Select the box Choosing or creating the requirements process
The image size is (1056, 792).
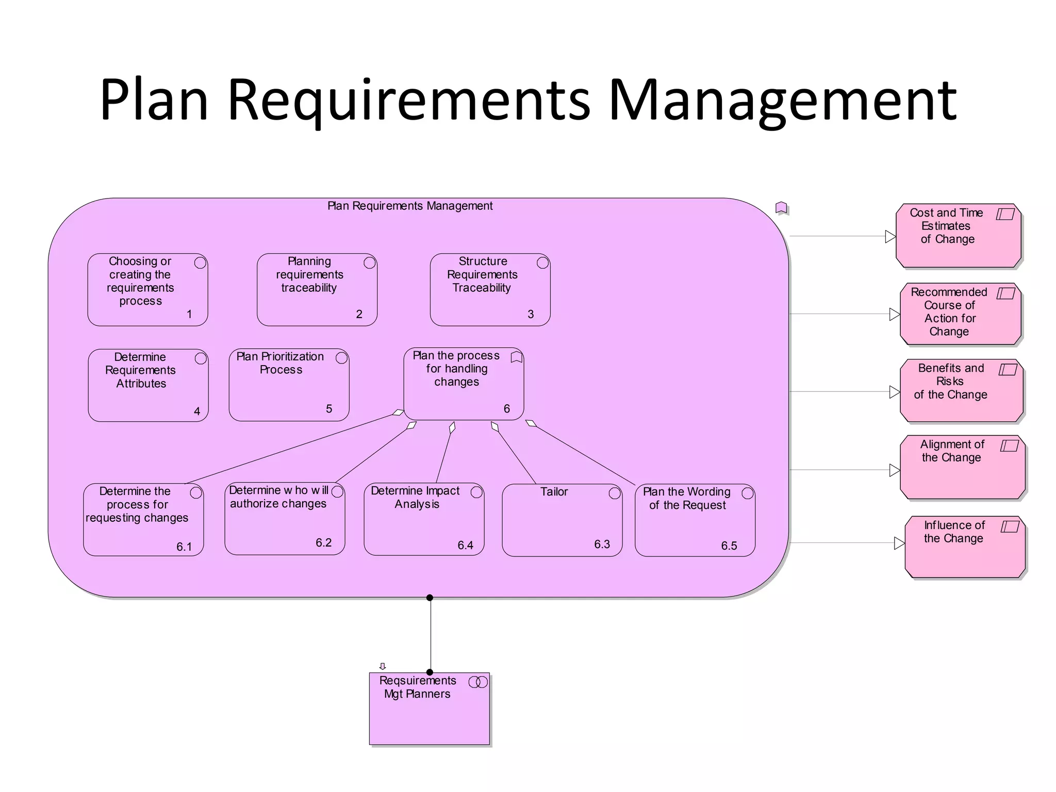click(x=147, y=289)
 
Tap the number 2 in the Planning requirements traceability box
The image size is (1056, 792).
click(x=359, y=314)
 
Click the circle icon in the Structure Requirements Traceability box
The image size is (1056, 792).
click(x=542, y=263)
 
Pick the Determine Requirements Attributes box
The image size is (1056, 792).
click(x=148, y=385)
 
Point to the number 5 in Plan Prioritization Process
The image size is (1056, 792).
click(x=329, y=409)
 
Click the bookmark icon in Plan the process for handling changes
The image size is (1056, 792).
click(x=516, y=357)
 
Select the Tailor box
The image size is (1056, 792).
click(x=562, y=520)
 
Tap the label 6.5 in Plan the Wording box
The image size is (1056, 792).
click(x=729, y=546)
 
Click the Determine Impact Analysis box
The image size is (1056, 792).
click(x=423, y=519)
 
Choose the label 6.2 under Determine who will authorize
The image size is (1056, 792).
click(x=323, y=542)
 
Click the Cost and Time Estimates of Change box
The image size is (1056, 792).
click(x=959, y=236)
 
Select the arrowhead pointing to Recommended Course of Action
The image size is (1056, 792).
click(x=895, y=314)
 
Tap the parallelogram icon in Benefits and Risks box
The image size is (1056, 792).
click(x=1008, y=370)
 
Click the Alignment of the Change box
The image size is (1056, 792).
click(x=962, y=467)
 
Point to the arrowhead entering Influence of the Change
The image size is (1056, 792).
click(x=899, y=543)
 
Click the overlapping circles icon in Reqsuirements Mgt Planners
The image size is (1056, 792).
click(x=478, y=682)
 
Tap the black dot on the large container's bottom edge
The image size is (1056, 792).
click(x=430, y=598)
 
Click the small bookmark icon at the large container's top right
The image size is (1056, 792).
click(x=781, y=208)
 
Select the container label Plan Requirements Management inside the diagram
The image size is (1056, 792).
click(x=410, y=206)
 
